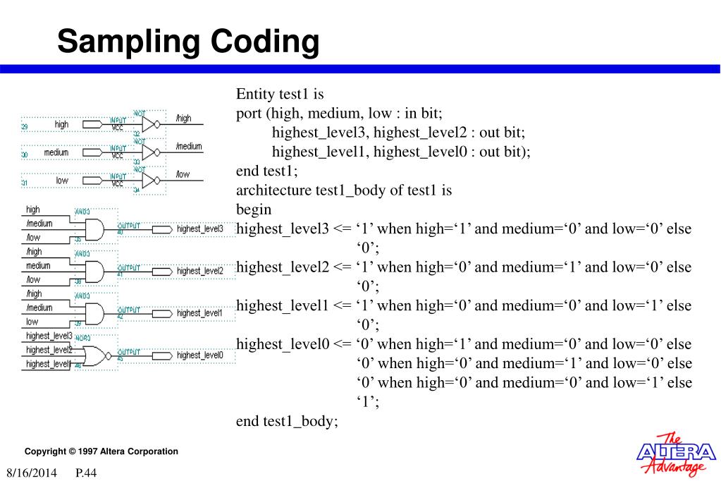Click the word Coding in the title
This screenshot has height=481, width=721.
[x=265, y=42]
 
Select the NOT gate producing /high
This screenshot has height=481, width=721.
[x=150, y=124]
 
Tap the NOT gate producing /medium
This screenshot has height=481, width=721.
[x=150, y=152]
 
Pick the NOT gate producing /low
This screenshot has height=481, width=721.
[x=150, y=181]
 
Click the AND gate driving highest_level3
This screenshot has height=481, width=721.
[x=94, y=229]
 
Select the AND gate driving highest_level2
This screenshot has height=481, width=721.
[x=94, y=271]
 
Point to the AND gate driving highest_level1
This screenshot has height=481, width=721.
[x=94, y=312]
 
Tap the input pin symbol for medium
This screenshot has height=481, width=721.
[x=92, y=152]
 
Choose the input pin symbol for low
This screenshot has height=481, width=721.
[x=92, y=181]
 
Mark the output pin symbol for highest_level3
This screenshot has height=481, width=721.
[x=161, y=229]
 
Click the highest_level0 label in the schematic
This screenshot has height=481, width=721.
[x=200, y=355]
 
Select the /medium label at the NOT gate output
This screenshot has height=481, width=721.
[x=188, y=147]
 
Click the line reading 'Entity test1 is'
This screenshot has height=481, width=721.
[x=280, y=94]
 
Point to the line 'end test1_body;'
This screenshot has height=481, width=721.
[x=287, y=421]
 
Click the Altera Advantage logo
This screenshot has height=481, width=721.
[x=675, y=454]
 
